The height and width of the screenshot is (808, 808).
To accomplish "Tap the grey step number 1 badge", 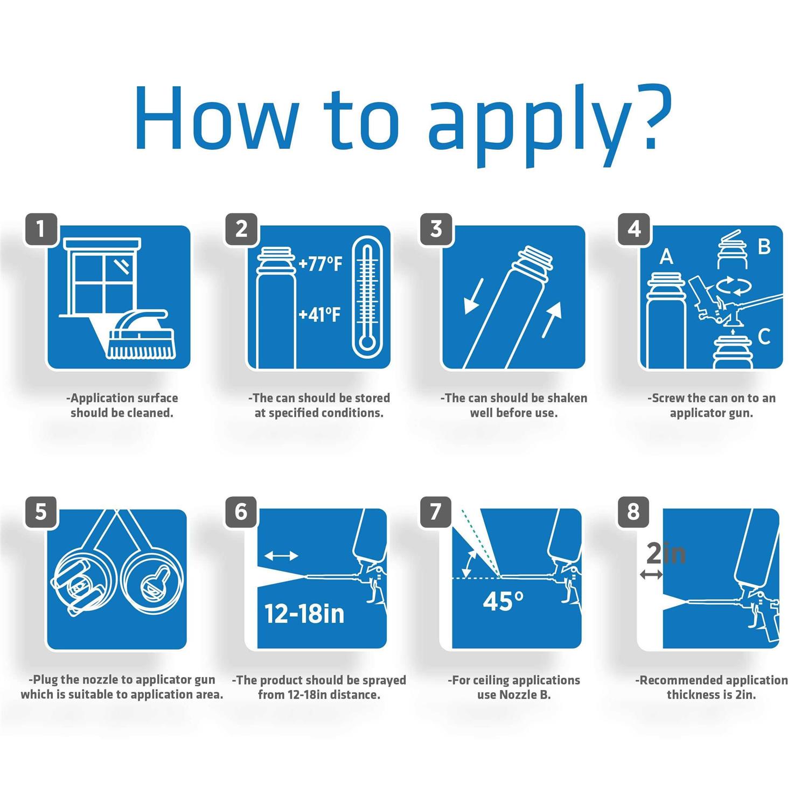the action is pos(41,229).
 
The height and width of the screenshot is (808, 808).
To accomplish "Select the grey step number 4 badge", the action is pos(634,229).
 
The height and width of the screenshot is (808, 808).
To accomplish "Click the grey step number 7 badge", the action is pos(435,512).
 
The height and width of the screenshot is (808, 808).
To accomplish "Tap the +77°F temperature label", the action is pos(321,264).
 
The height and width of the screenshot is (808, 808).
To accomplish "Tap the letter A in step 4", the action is pos(666,257).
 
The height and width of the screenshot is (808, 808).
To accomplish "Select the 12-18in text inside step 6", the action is pos(304,614).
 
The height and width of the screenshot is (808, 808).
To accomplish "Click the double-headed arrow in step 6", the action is pos(281,556).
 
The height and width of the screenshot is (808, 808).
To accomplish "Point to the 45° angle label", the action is pos(503,601).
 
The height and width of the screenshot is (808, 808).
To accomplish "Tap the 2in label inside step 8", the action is pos(666,554).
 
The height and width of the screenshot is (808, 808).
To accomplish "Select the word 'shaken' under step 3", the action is pos(567,398).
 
